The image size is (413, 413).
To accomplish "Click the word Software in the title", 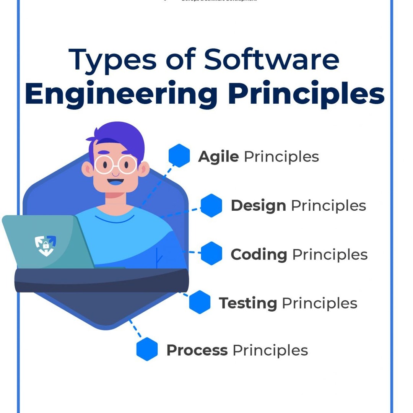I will click(x=272, y=60).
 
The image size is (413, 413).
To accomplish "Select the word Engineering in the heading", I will click(x=121, y=94).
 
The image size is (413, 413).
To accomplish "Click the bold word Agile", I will click(x=218, y=156).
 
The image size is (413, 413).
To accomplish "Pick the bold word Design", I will click(x=258, y=206).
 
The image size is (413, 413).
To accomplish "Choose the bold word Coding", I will click(x=259, y=255).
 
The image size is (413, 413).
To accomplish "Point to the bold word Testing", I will click(x=248, y=303).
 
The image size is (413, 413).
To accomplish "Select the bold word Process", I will click(x=197, y=350).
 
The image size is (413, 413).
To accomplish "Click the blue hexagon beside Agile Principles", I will click(x=179, y=156).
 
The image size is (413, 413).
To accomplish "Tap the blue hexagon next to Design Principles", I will click(x=211, y=205).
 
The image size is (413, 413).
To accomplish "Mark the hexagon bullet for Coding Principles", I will click(x=211, y=253).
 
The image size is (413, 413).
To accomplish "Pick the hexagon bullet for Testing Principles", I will click(x=200, y=302).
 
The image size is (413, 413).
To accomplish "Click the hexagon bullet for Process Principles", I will click(x=147, y=349).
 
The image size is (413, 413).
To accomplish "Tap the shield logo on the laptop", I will click(x=46, y=245).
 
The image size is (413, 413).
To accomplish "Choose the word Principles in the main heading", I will click(x=306, y=94).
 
